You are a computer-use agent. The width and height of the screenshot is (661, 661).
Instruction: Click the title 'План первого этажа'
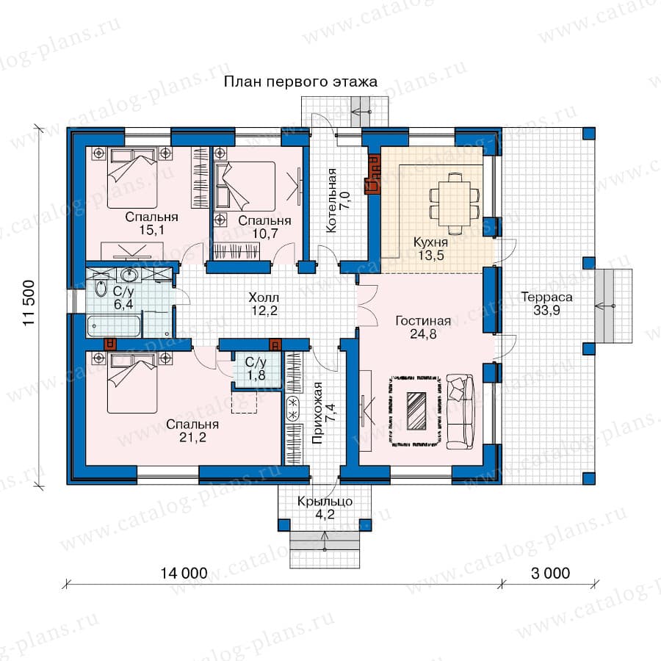pyautogui.click(x=300, y=82)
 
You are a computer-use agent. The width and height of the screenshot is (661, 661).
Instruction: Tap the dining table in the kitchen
pyautogui.click(x=455, y=203)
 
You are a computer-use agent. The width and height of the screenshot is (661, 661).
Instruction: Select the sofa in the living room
pyautogui.click(x=460, y=411)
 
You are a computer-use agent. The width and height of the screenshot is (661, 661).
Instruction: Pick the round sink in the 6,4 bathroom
pyautogui.click(x=129, y=275)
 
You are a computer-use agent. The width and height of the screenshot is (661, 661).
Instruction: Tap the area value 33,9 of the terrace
pyautogui.click(x=546, y=310)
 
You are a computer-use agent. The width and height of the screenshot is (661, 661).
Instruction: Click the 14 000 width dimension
pyautogui.click(x=184, y=573)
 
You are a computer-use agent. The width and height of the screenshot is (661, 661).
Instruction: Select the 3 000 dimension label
pyautogui.click(x=550, y=573)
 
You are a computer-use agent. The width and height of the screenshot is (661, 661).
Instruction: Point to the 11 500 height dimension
pyautogui.click(x=29, y=303)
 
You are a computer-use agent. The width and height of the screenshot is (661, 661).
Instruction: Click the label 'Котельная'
pyautogui.click(x=332, y=200)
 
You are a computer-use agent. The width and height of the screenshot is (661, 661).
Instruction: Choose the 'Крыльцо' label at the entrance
pyautogui.click(x=325, y=501)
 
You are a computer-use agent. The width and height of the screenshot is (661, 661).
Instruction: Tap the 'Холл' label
pyautogui.click(x=264, y=297)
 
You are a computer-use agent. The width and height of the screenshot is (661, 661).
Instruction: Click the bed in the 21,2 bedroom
pyautogui.click(x=132, y=383)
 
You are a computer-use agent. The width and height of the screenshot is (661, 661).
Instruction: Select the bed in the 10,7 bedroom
pyautogui.click(x=245, y=186)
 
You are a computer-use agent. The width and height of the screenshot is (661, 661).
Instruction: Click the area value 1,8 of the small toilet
pyautogui.click(x=256, y=375)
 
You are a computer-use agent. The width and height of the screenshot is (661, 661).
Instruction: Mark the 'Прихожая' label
pyautogui.click(x=317, y=413)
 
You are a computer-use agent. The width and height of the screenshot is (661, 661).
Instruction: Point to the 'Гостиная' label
pyautogui.click(x=423, y=321)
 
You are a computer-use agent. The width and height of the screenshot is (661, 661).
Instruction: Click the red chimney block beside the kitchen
pyautogui.click(x=372, y=176)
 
